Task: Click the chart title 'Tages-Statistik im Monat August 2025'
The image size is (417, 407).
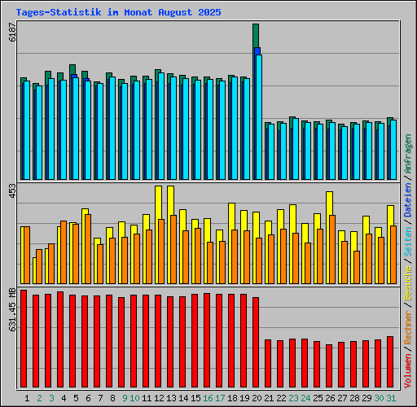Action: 118,13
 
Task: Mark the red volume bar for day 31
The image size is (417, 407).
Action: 390,361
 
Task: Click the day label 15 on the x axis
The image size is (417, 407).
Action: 195,398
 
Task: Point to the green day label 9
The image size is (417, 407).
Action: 125,398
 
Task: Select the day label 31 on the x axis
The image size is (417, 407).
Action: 391,398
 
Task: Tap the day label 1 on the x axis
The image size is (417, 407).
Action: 27,398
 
